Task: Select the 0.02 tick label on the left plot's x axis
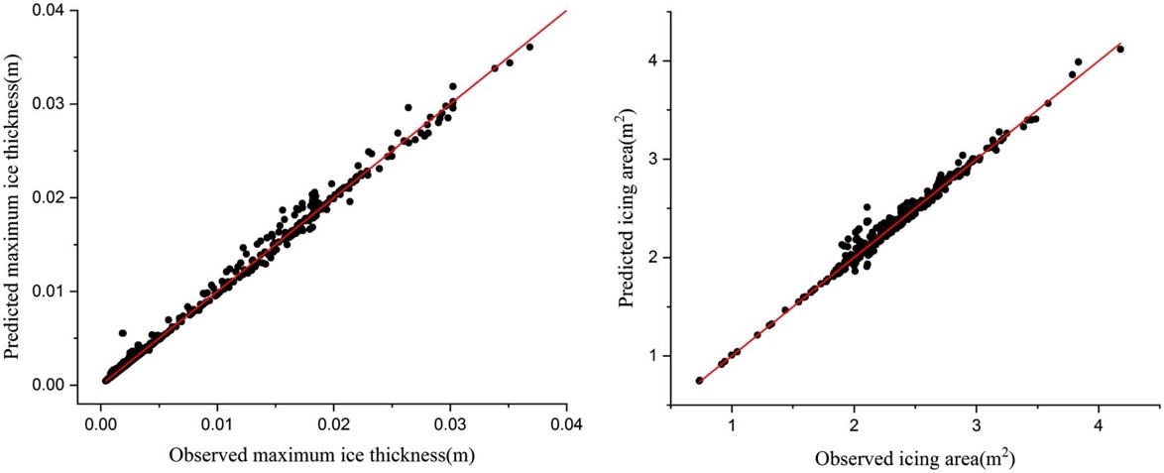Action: (333, 423)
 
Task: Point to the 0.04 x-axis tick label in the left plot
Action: (566, 423)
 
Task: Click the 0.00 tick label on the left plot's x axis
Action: (100, 423)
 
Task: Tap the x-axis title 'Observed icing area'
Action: (913, 459)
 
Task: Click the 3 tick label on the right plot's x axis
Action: (977, 423)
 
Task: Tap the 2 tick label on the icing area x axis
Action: (854, 423)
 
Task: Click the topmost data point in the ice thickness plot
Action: (529, 47)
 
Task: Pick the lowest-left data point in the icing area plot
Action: (699, 380)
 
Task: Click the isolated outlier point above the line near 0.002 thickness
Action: (122, 333)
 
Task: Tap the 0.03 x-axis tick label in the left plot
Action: (450, 423)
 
